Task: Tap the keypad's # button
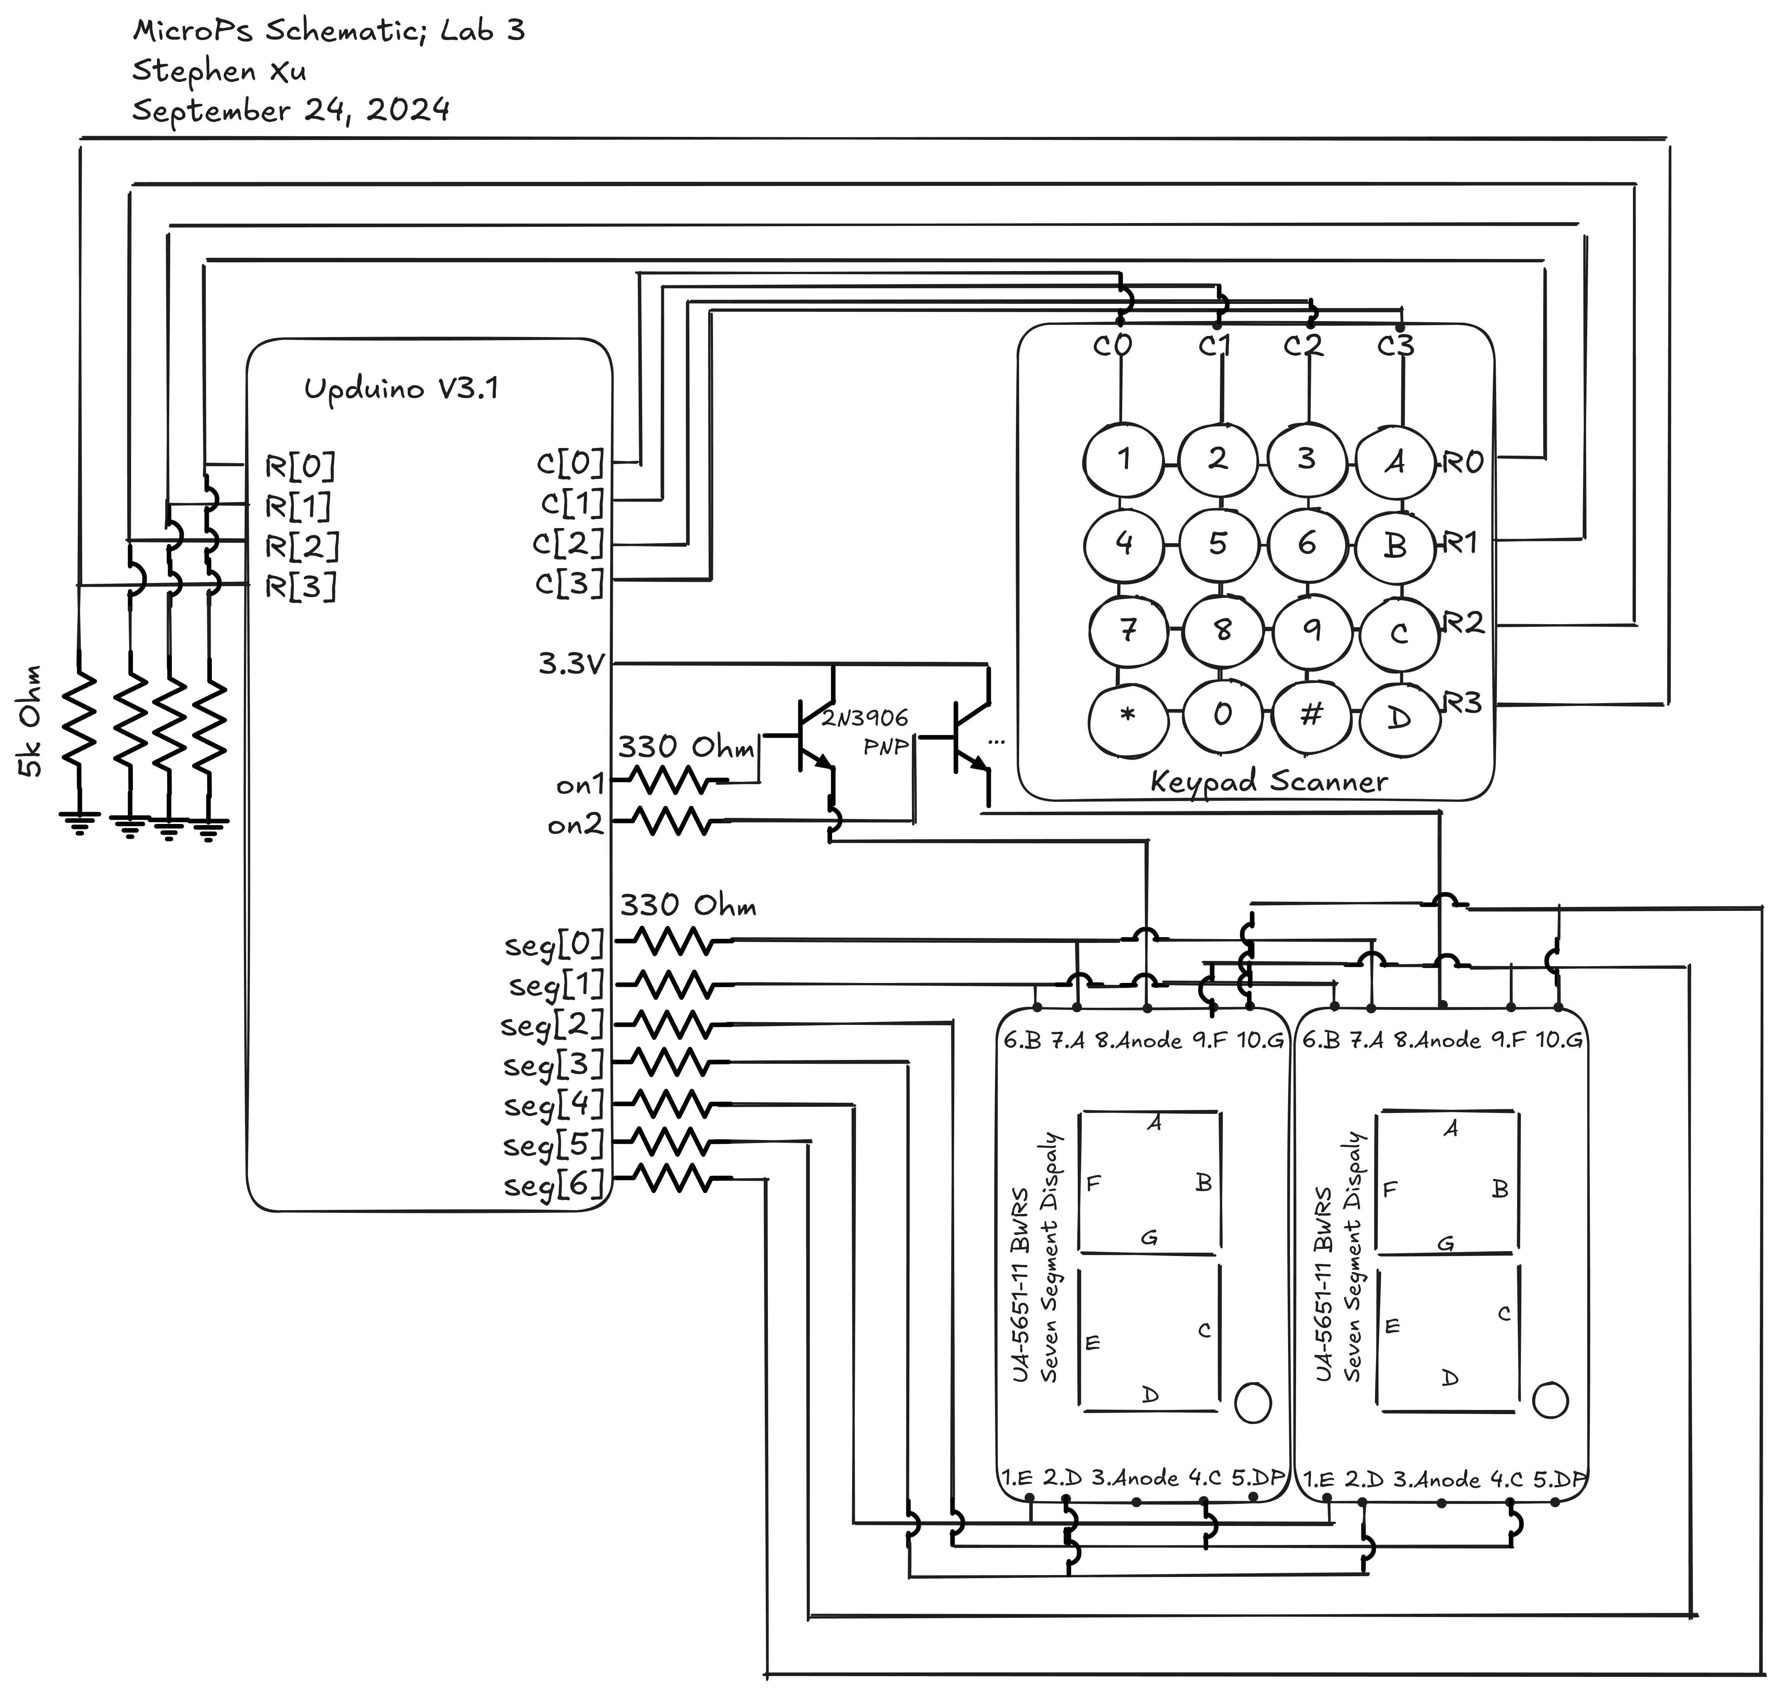[x=1311, y=715]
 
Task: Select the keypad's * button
[x=1126, y=716]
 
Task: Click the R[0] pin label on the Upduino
[x=300, y=466]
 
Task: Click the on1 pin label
[x=579, y=785]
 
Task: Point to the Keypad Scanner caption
[x=1269, y=782]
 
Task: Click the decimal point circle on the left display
[x=1253, y=1402]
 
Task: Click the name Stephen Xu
[x=219, y=70]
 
